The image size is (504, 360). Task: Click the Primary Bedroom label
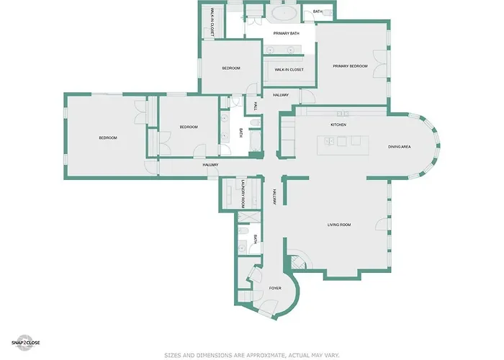coord(350,66)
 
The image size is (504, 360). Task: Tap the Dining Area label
coord(399,147)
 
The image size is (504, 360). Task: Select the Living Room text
coord(339,225)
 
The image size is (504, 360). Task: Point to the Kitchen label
coord(338,125)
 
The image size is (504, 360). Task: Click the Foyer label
coord(275,288)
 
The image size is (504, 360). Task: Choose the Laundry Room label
coord(243,194)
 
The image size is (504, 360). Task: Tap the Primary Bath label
coord(286,33)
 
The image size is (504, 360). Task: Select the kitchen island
coord(343,145)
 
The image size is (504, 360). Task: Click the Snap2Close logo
coord(25,343)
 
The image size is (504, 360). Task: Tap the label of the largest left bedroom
coord(108,138)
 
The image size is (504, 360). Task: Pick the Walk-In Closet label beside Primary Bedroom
coord(289,70)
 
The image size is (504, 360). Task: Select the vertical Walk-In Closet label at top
coord(212,22)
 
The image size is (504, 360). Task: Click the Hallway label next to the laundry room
coord(274,197)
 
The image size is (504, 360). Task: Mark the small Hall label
coord(256,106)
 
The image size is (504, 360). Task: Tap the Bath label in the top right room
coord(318,12)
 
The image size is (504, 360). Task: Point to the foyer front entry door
coord(268,308)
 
